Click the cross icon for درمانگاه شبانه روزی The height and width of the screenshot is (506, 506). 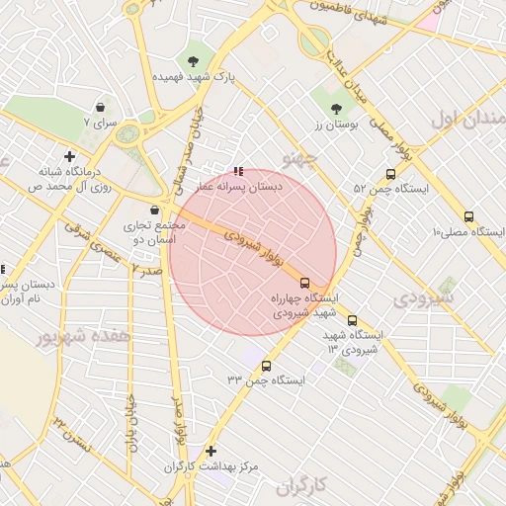[x=69, y=156]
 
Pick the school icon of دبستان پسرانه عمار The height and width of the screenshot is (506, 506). [x=237, y=170]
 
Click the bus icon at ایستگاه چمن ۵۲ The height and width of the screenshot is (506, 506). [x=391, y=174]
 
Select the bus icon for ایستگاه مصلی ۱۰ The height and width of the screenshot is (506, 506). [x=468, y=217]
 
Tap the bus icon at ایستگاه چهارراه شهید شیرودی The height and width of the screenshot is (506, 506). [x=304, y=282]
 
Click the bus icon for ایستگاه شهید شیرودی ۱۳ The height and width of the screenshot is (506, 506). [x=353, y=320]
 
